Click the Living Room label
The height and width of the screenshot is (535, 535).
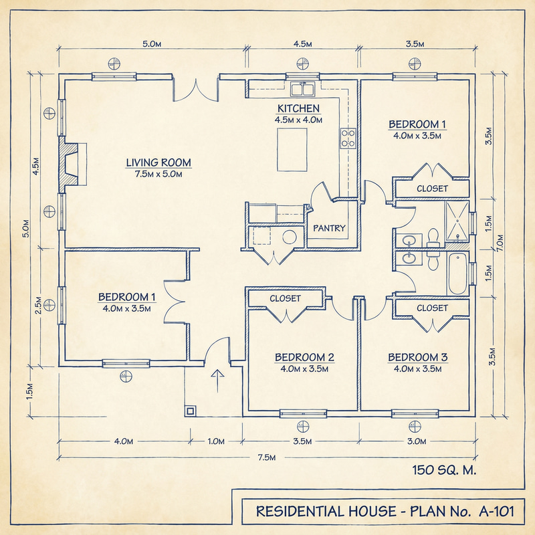pyautogui.click(x=158, y=163)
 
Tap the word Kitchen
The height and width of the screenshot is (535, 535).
pyautogui.click(x=298, y=108)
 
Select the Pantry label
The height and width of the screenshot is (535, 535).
pyautogui.click(x=330, y=229)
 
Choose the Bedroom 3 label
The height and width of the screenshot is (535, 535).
pyautogui.click(x=418, y=357)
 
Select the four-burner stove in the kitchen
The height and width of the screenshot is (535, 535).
pyautogui.click(x=348, y=138)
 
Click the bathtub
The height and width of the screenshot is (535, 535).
pyautogui.click(x=458, y=274)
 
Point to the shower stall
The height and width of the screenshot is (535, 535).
pyautogui.click(x=459, y=221)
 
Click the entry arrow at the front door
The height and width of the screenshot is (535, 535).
pyautogui.click(x=216, y=379)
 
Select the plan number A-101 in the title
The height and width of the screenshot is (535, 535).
pyautogui.click(x=496, y=512)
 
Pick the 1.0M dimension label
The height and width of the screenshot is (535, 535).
pyautogui.click(x=216, y=441)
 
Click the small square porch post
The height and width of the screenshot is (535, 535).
pyautogui.click(x=191, y=411)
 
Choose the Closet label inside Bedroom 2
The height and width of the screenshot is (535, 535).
pyautogui.click(x=285, y=298)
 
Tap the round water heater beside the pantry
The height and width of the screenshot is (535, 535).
pyautogui.click(x=290, y=237)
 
